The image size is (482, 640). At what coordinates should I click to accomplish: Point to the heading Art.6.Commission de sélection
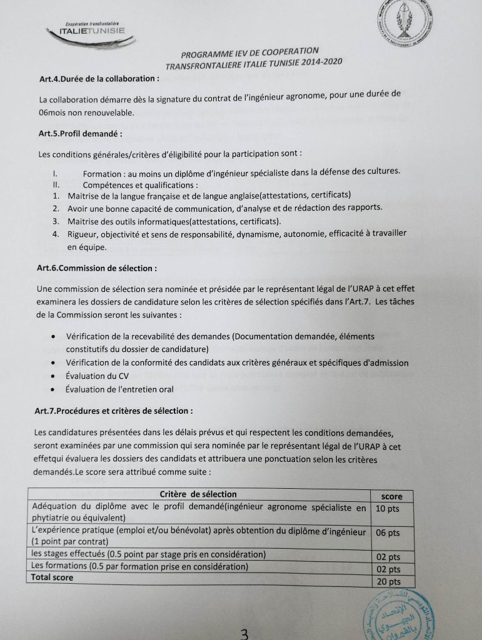coord(96,267)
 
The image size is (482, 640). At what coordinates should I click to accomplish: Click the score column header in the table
coord(392,496)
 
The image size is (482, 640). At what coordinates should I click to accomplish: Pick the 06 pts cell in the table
coord(388,533)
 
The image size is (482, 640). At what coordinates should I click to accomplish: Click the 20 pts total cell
coord(389,581)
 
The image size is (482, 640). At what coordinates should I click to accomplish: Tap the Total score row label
coord(53,577)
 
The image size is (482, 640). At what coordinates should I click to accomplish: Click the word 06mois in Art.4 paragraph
coord(55,112)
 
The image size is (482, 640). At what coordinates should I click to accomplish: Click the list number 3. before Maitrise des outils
coord(56,221)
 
